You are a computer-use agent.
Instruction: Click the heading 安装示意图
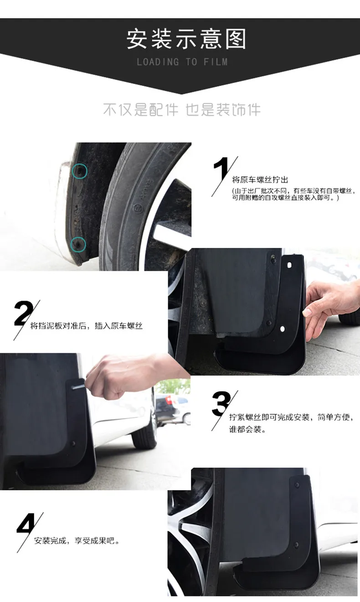coord(186,39)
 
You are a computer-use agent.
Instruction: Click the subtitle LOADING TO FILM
coord(182,62)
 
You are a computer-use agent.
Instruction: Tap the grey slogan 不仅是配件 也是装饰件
coord(182,110)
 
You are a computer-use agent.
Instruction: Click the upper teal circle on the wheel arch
coord(80,171)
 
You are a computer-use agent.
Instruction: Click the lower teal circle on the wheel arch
coord(78,245)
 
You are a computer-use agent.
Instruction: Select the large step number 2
coord(24,313)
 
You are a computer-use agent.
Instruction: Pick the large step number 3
coord(221,403)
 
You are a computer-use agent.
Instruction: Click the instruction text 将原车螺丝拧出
coord(260,180)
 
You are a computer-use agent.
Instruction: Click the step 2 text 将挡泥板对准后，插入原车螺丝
coord(86,326)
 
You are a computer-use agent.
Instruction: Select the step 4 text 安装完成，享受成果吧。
coord(77,540)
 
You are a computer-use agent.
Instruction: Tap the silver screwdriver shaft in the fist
coord(79,387)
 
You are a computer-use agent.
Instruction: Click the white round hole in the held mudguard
coord(283,329)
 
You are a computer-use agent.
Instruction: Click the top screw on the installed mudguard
coord(297,484)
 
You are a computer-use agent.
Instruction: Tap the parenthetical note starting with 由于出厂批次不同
coord(293,194)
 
